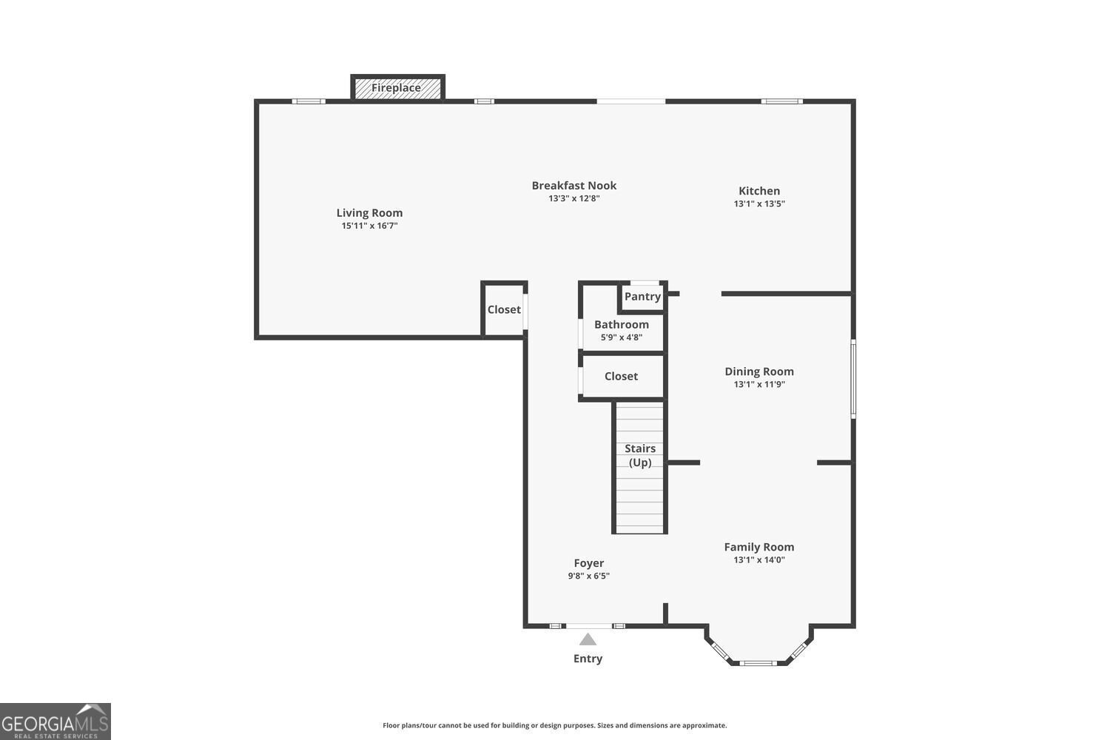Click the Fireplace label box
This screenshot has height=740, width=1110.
click(397, 88)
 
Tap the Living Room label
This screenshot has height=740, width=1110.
click(369, 213)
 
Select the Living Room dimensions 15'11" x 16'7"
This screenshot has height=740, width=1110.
click(369, 226)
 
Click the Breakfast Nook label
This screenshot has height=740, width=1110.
click(573, 186)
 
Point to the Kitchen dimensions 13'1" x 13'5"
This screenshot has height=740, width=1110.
click(759, 203)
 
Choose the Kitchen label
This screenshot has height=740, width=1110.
click(759, 191)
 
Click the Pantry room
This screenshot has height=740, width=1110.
click(642, 297)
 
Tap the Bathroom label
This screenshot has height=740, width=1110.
click(621, 324)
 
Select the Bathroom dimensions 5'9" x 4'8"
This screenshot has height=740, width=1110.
click(621, 337)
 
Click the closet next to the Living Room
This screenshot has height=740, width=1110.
click(504, 310)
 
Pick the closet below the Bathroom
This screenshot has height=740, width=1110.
click(621, 377)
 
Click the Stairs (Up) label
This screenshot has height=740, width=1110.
click(640, 455)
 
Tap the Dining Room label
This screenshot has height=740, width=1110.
click(759, 371)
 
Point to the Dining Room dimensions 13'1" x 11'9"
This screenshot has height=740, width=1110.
click(759, 385)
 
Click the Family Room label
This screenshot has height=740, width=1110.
click(759, 547)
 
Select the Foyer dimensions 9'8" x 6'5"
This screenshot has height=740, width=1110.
click(589, 576)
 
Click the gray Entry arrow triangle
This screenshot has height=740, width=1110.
click(588, 640)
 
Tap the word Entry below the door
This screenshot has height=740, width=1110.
click(588, 659)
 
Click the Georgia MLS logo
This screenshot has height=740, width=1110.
click(55, 721)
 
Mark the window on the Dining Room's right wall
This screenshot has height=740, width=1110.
click(853, 379)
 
